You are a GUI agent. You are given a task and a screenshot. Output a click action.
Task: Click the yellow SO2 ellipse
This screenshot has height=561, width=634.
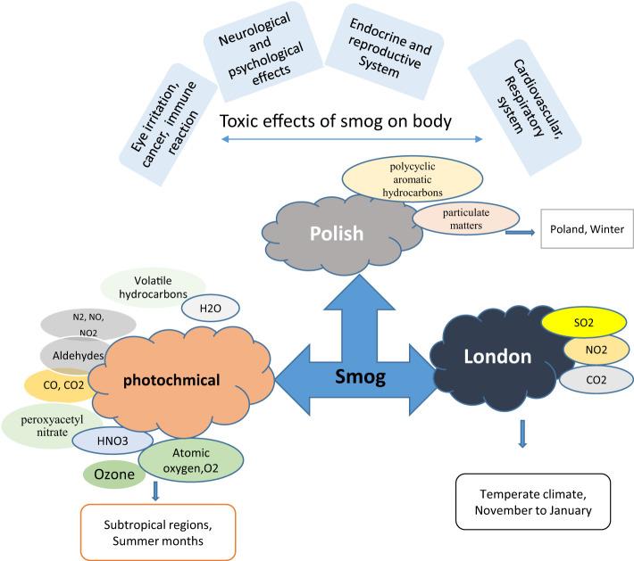584,322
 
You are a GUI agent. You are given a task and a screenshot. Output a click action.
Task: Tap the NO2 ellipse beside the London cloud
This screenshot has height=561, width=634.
596,350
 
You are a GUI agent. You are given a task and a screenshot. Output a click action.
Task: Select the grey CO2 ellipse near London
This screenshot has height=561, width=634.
596,380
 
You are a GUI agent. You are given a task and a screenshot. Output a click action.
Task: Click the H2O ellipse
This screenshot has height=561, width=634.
210,309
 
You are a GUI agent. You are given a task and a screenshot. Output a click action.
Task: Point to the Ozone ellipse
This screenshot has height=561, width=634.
114,474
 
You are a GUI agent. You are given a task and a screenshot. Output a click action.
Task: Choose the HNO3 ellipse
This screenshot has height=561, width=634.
113,441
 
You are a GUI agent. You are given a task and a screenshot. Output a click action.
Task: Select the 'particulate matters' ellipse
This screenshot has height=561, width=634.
466,219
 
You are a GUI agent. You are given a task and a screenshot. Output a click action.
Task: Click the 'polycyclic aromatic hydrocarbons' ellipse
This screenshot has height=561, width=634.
413,179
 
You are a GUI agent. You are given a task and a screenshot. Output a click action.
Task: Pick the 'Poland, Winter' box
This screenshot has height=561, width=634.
587,228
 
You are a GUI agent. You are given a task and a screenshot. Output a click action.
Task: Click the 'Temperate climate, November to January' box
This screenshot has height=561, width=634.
533,501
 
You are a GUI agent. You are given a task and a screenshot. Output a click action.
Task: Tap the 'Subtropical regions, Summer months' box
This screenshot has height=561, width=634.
158,532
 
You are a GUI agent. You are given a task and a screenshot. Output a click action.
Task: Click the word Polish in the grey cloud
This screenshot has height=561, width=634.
337,234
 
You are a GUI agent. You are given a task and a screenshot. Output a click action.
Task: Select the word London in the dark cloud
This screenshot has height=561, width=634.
497,357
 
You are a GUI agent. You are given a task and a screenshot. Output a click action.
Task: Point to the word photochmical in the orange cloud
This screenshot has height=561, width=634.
171,380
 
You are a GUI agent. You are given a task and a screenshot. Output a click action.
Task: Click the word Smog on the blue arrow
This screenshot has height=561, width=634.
360,377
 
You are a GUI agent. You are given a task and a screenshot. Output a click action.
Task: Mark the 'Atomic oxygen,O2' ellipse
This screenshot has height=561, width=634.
191,460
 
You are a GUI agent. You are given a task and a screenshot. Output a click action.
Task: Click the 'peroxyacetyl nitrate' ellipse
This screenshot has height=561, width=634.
52,425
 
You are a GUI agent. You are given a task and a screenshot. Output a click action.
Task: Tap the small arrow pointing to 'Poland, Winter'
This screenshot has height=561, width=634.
520,232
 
